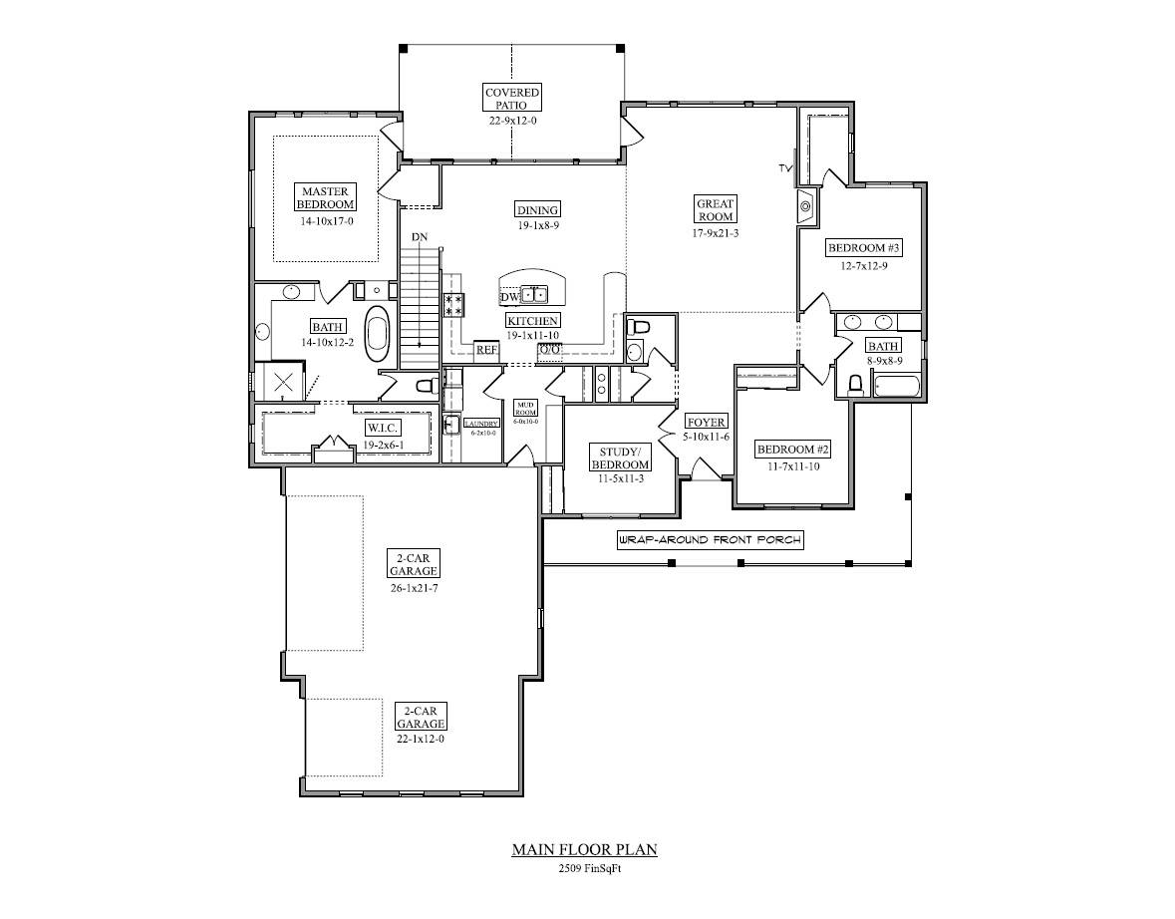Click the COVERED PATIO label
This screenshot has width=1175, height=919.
pos(512,98)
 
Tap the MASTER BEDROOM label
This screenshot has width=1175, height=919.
pos(325,196)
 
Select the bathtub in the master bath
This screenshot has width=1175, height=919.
pos(378,333)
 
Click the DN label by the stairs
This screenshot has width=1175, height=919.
pos(421,236)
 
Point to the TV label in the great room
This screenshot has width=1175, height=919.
pos(785,168)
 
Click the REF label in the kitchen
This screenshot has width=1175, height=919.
pos(486,350)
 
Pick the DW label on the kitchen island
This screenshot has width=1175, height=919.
pos(509,297)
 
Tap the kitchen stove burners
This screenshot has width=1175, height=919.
pos(453,304)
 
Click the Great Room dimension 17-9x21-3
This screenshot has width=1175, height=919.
pos(716,233)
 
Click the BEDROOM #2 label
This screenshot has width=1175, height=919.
pos(792,449)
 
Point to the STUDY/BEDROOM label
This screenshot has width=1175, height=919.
pos(620,458)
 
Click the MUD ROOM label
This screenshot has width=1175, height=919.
pos(525,409)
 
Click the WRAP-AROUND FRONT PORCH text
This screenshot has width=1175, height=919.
pos(710,540)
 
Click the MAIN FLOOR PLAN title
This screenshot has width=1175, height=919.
pos(584,850)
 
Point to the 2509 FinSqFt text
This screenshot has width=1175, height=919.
pos(584,869)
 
